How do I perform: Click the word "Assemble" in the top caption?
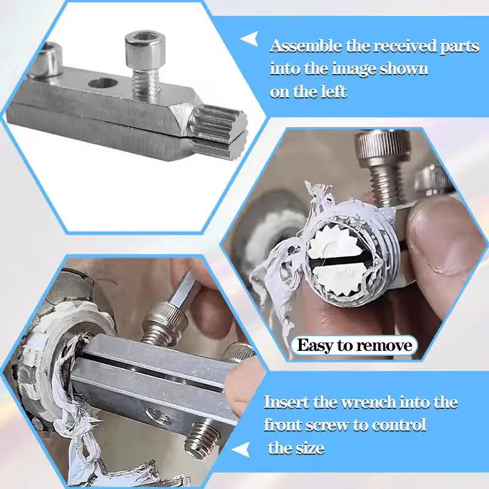(x=300, y=46)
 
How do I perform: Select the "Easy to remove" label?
(x=355, y=345)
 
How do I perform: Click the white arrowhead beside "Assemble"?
(x=249, y=40)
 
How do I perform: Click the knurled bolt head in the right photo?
(x=375, y=146)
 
